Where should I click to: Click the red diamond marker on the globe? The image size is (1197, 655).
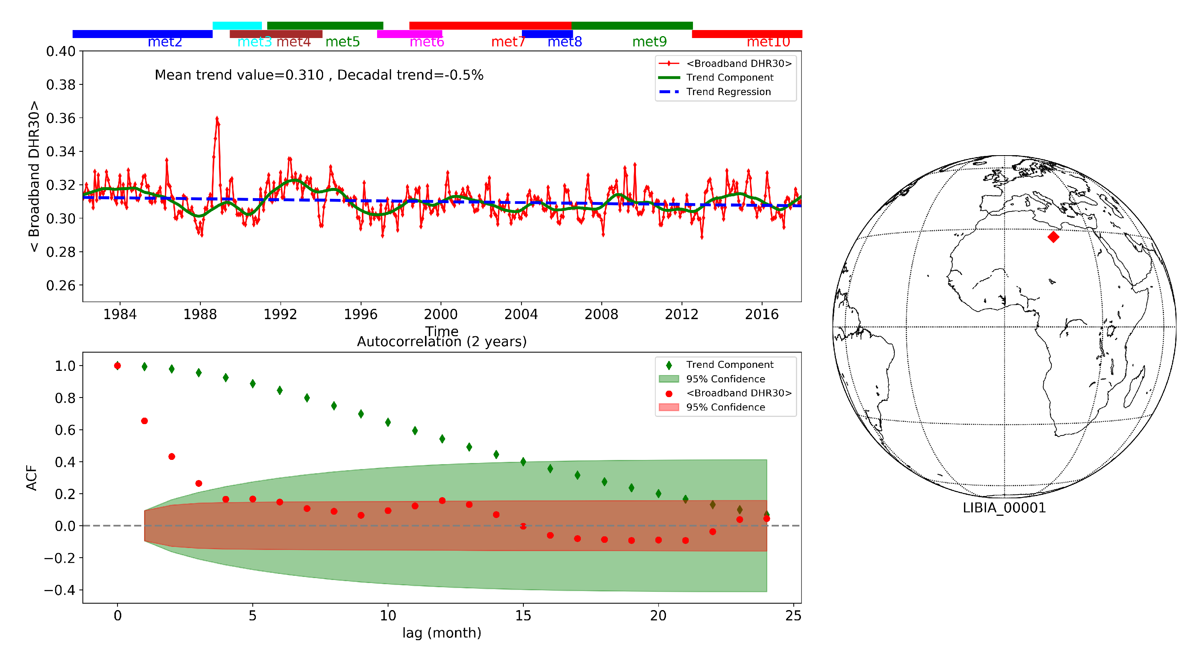point(1053,237)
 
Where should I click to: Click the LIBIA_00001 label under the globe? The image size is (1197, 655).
point(1004,508)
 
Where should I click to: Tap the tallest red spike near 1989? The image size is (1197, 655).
point(217,119)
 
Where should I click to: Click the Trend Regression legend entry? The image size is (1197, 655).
point(728,92)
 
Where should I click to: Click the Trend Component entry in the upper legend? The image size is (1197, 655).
point(729,78)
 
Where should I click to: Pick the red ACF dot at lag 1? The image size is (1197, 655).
point(144,421)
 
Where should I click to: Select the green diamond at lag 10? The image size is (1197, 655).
point(388,422)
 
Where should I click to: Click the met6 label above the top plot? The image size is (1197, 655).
point(426,42)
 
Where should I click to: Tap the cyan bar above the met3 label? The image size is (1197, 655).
point(237,25)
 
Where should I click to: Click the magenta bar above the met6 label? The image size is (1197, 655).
point(409,34)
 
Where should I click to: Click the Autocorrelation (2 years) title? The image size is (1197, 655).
point(441,342)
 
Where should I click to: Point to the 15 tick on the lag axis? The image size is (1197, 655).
point(523,616)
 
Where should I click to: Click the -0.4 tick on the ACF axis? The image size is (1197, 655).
point(59,590)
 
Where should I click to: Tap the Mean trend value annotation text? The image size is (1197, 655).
point(319,75)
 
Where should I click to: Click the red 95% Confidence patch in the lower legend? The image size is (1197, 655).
point(669,408)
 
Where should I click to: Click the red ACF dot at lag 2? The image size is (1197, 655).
point(171,456)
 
